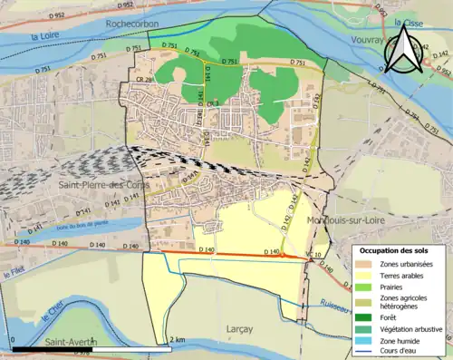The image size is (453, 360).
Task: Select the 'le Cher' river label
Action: [x=47, y=317]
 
